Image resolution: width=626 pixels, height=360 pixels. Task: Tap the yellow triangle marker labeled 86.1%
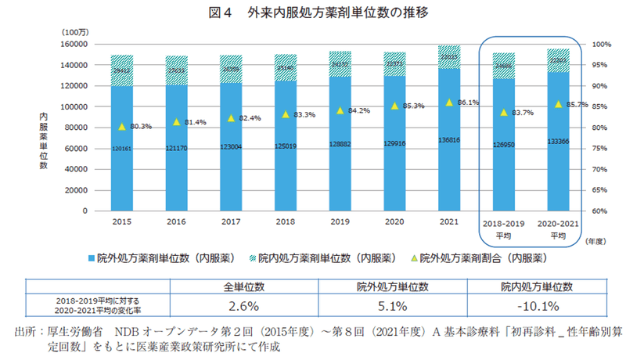point(449,103)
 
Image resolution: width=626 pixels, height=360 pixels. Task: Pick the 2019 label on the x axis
point(340,223)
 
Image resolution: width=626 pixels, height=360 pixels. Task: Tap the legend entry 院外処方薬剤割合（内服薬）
point(482,256)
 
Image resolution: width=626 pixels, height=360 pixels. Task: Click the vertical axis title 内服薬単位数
point(45,141)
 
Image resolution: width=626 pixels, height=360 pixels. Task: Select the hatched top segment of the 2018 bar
point(285,67)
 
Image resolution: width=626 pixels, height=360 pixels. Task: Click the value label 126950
point(504,144)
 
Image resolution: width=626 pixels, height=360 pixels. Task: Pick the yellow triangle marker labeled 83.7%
point(504,113)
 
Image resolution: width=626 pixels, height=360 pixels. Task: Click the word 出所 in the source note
point(25,331)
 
